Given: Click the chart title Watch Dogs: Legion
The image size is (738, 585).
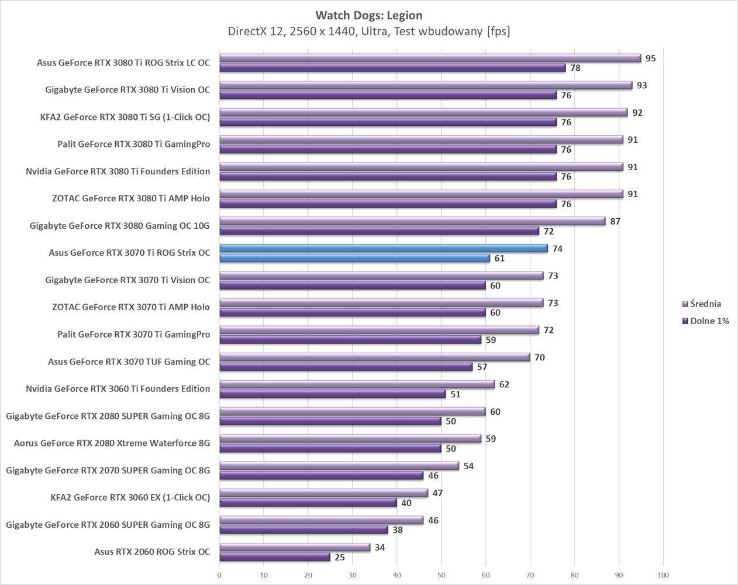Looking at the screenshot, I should click(x=368, y=15).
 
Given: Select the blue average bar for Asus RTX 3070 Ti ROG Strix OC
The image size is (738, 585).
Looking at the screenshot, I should click(x=383, y=249).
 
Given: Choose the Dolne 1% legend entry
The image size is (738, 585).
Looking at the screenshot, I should click(x=709, y=321).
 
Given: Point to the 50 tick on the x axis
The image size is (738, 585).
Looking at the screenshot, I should click(x=442, y=575).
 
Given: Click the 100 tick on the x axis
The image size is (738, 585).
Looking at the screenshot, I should click(x=663, y=575).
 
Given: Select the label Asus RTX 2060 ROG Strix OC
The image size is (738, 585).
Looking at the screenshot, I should click(x=152, y=552).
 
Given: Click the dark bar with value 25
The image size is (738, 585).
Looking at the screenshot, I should click(x=274, y=558).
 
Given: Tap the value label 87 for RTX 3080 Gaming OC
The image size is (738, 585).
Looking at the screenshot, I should click(x=615, y=221).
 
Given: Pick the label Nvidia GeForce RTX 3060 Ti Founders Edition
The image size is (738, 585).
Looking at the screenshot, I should click(x=118, y=388).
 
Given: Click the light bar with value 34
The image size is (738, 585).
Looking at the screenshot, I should click(x=295, y=548).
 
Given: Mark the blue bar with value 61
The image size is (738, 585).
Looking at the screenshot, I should click(x=354, y=259).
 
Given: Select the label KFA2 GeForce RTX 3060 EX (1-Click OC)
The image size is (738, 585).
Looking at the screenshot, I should click(x=130, y=497).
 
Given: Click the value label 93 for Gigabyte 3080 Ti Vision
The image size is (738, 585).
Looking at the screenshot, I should click(x=642, y=85).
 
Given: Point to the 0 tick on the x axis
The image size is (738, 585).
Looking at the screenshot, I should click(x=219, y=575).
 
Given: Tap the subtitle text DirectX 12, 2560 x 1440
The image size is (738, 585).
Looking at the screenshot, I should click(x=368, y=32).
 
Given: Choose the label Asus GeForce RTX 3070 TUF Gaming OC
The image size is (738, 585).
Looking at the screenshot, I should click(x=129, y=362).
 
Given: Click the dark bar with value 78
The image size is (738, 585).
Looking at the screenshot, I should click(x=392, y=68).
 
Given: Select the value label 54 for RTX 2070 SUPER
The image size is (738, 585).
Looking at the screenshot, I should click(x=468, y=466).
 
